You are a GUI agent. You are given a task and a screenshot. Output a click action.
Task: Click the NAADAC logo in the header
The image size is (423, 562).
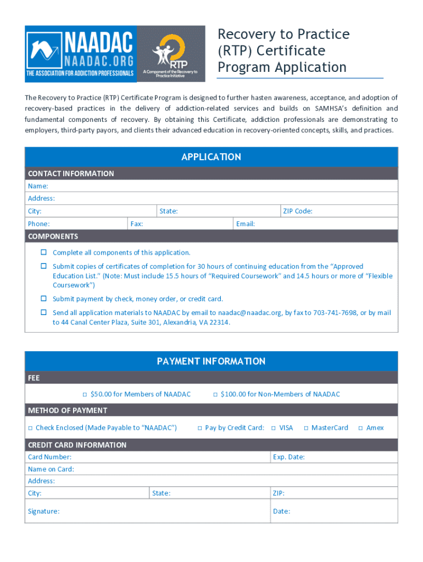[80, 53]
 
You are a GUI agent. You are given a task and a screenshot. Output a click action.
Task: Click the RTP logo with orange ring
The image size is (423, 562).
[170, 53]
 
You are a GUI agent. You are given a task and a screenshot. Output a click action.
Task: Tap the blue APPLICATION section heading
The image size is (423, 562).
[211, 157]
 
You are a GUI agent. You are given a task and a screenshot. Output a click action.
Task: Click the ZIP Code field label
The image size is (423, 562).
[297, 211]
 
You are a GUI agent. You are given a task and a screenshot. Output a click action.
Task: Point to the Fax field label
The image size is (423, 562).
[137, 224]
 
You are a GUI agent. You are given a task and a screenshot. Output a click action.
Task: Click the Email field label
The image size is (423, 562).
[246, 224]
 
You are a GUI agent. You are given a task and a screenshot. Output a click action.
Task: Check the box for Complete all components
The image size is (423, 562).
[43, 252]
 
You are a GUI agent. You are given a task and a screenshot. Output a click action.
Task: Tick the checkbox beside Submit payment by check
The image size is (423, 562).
[43, 299]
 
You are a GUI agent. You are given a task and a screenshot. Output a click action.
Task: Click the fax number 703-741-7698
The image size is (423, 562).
[333, 313]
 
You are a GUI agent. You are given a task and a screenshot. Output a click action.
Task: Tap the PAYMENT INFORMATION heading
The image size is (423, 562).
[211, 361]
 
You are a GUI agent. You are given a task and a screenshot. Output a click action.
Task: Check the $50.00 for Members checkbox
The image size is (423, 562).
[85, 395]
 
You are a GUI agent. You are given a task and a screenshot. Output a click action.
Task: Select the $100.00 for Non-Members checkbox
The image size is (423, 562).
[215, 395]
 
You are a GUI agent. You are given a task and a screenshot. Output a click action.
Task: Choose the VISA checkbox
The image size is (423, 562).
[273, 428]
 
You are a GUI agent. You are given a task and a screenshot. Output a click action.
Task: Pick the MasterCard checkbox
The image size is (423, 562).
[305, 428]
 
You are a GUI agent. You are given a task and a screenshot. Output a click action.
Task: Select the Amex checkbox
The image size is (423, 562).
[360, 428]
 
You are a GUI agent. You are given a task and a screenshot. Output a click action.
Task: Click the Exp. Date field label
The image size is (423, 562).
[288, 457]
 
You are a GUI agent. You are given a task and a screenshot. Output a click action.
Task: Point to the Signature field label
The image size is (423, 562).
[44, 512]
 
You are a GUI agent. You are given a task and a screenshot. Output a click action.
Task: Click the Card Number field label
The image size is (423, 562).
[49, 457]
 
